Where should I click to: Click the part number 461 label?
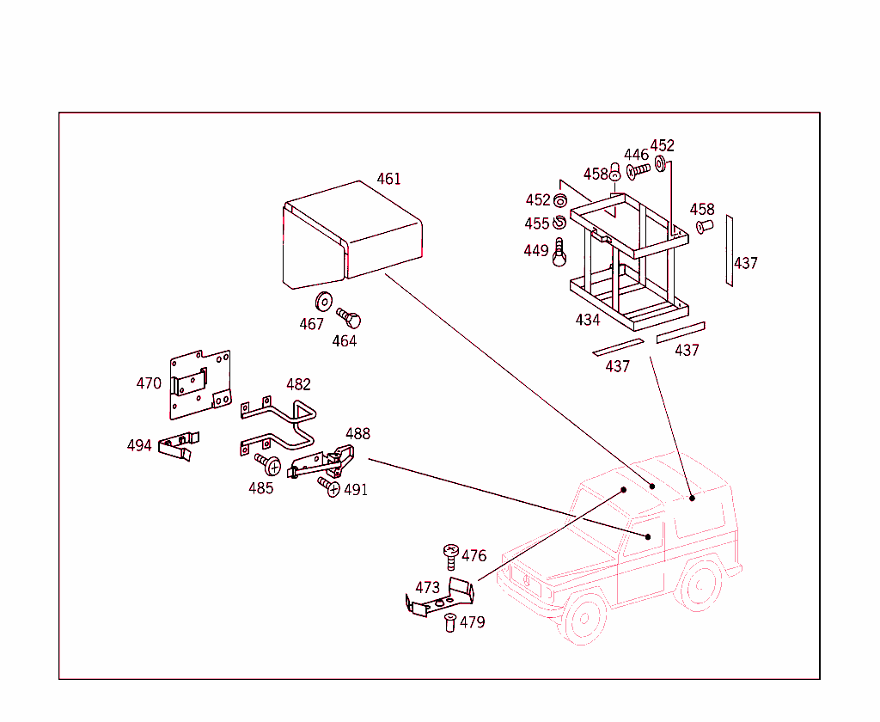389,179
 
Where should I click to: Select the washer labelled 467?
324,302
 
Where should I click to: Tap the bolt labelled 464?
349,318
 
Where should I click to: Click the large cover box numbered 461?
351,235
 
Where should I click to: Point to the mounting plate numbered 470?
200,384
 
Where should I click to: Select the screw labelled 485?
268,464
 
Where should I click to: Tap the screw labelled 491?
329,486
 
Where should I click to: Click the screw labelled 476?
450,556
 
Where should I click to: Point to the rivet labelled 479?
450,623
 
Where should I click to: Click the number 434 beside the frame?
588,320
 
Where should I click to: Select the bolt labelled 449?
559,252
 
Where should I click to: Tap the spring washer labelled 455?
559,223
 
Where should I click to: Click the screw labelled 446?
639,170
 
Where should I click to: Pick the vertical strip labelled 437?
729,250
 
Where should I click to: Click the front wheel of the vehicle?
584,619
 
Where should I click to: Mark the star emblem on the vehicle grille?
527,580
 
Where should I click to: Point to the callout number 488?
358,434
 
